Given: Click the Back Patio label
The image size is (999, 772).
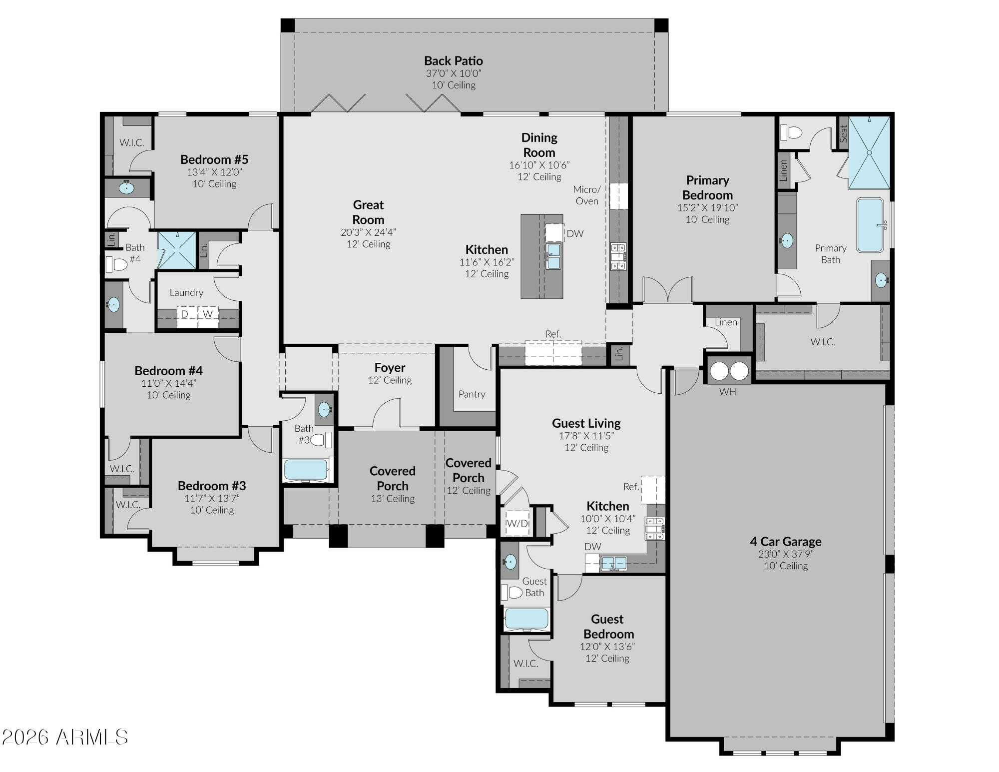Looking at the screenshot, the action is tap(454, 61).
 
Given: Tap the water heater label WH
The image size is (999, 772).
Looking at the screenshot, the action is tap(727, 392).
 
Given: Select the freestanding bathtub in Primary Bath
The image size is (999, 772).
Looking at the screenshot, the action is tap(870, 225).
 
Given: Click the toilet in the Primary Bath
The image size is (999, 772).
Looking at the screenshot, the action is tap(791, 132).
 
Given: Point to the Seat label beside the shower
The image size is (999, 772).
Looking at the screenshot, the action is tap(844, 133).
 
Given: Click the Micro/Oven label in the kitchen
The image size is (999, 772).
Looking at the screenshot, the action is tap(587, 195).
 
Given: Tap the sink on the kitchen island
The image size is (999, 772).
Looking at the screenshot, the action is tap(553, 256).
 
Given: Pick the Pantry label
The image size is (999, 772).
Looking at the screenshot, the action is tap(472, 394).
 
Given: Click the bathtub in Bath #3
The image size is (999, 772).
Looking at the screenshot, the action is tap(306, 470).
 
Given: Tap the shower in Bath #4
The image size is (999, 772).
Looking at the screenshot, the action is tap(177, 250).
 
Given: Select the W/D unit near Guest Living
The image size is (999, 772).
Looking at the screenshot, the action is tap(517, 524).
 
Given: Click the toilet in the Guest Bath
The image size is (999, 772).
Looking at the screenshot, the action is tap(511, 593).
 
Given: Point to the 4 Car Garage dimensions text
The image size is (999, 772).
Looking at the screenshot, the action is tap(786, 554).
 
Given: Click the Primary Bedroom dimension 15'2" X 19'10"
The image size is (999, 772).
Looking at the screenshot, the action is tap(707, 207).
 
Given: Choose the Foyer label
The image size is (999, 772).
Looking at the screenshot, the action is tap(390, 368).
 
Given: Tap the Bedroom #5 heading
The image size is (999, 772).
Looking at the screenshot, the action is tap(214, 159).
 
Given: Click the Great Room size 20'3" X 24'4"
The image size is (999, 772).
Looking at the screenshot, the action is tap(368, 232).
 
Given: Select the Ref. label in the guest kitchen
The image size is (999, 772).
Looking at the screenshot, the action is tap(631, 487).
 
